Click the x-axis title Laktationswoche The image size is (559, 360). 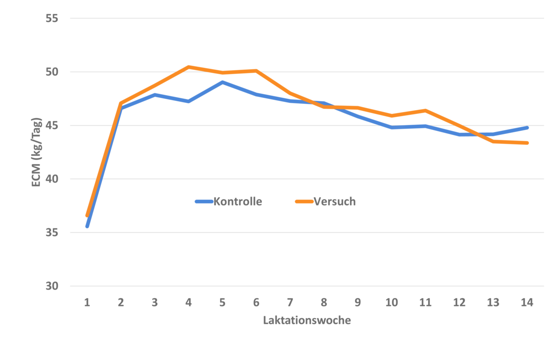click(x=307, y=320)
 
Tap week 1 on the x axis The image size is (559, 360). click(x=87, y=302)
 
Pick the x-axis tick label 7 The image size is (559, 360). click(x=290, y=302)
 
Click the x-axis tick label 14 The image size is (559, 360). click(x=527, y=302)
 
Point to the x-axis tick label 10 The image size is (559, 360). click(x=392, y=302)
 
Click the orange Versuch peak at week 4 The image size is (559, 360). click(x=189, y=67)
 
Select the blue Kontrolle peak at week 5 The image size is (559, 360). click(x=223, y=82)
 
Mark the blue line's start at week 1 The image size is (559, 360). click(x=87, y=226)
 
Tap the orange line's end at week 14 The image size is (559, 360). click(x=527, y=143)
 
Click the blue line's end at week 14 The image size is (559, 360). click(x=527, y=128)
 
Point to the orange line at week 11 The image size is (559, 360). click(x=425, y=110)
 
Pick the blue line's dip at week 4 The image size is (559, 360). click(x=189, y=101)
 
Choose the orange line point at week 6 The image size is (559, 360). click(x=256, y=71)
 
